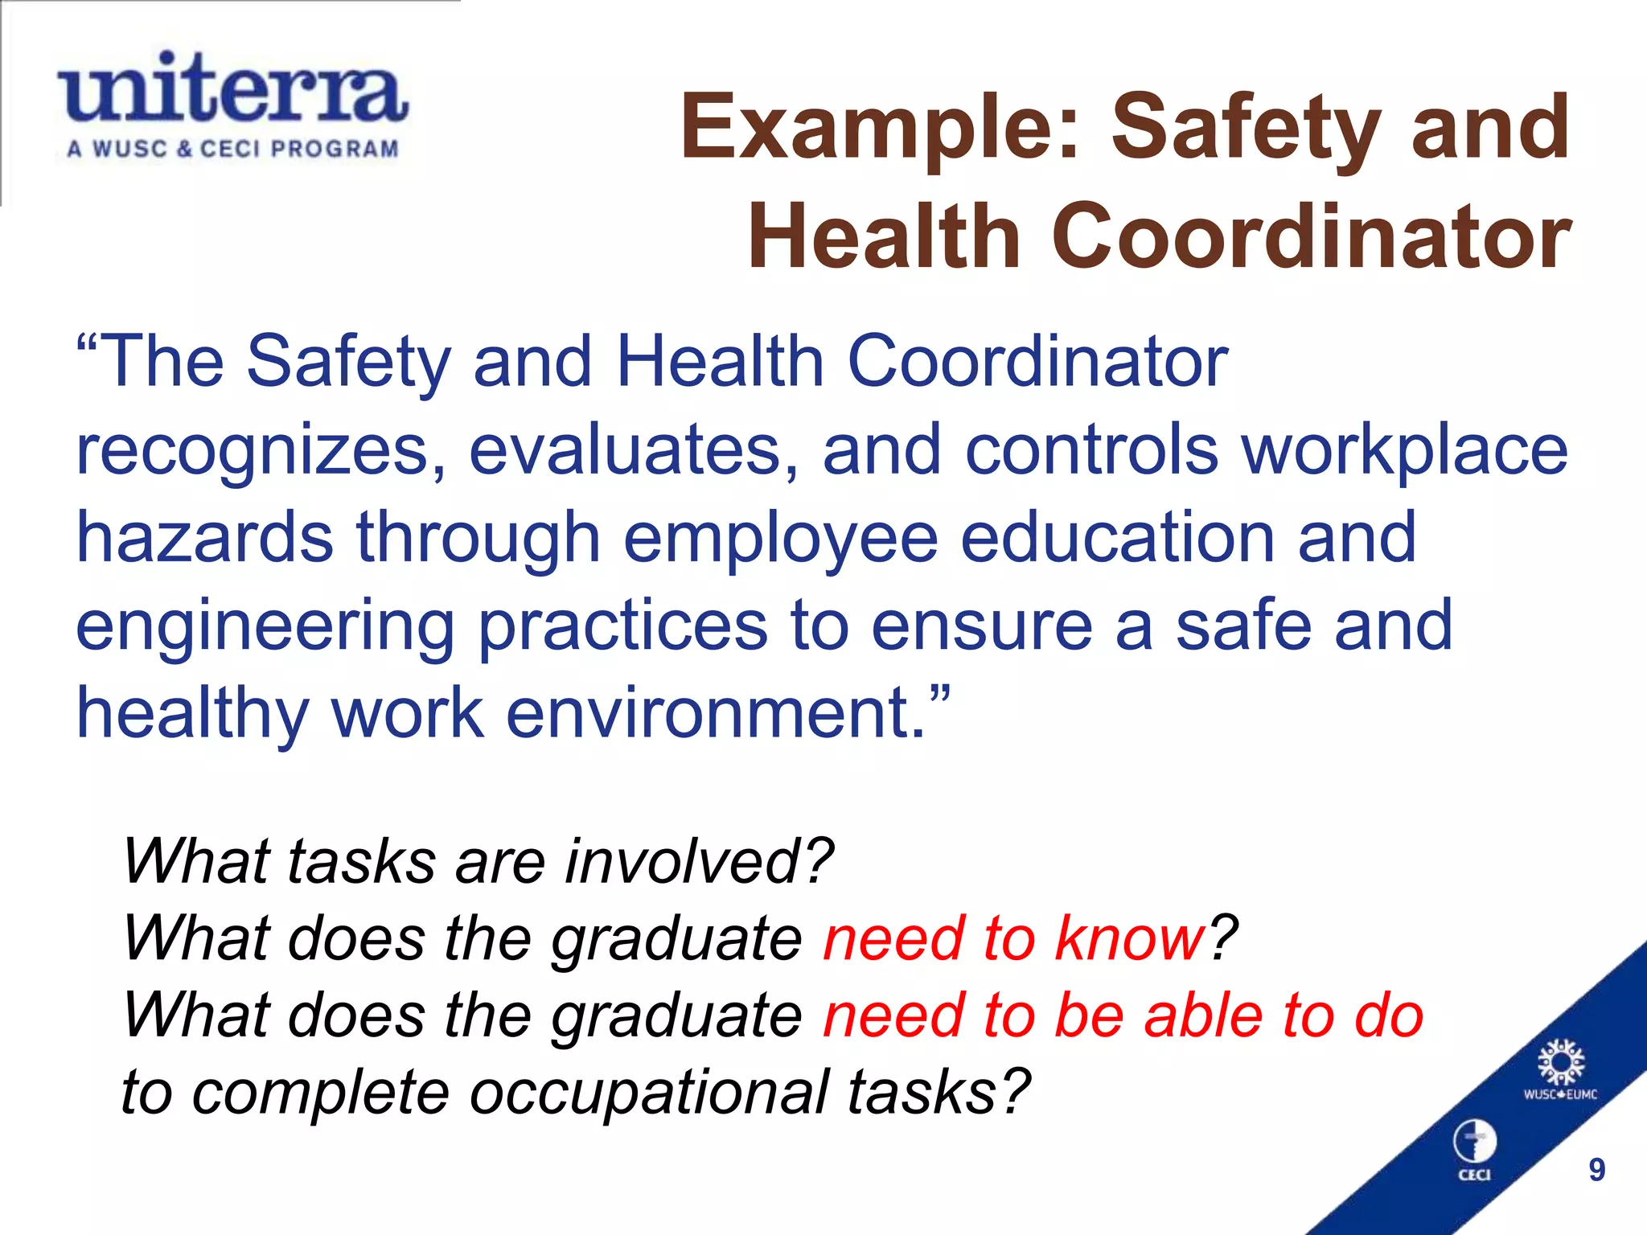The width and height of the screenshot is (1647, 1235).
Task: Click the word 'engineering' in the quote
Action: [x=265, y=627]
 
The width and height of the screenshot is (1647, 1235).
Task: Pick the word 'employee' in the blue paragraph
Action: [x=780, y=539]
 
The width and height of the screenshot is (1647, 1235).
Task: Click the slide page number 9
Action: [x=1596, y=1170]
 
